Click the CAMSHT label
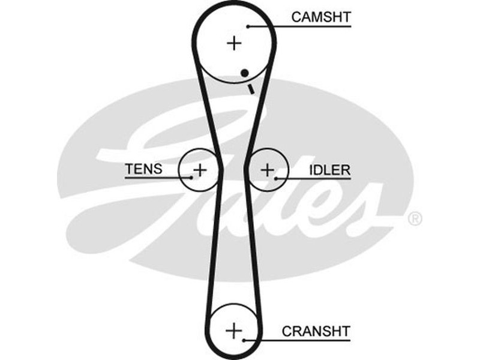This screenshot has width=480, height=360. tap(320, 17)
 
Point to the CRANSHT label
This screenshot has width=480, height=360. tap(316, 331)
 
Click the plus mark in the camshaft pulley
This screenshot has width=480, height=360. tap(234, 43)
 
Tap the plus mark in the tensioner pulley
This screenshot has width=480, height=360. tap(200, 170)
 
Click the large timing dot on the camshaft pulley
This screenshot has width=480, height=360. tap(244, 73)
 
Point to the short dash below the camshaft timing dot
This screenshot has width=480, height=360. tap(251, 89)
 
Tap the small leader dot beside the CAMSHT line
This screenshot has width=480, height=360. tap(248, 26)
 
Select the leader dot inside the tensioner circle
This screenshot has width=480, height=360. tap(191, 178)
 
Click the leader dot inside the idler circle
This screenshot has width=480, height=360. tap(276, 178)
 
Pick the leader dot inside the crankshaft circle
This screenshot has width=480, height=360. tap(244, 340)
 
